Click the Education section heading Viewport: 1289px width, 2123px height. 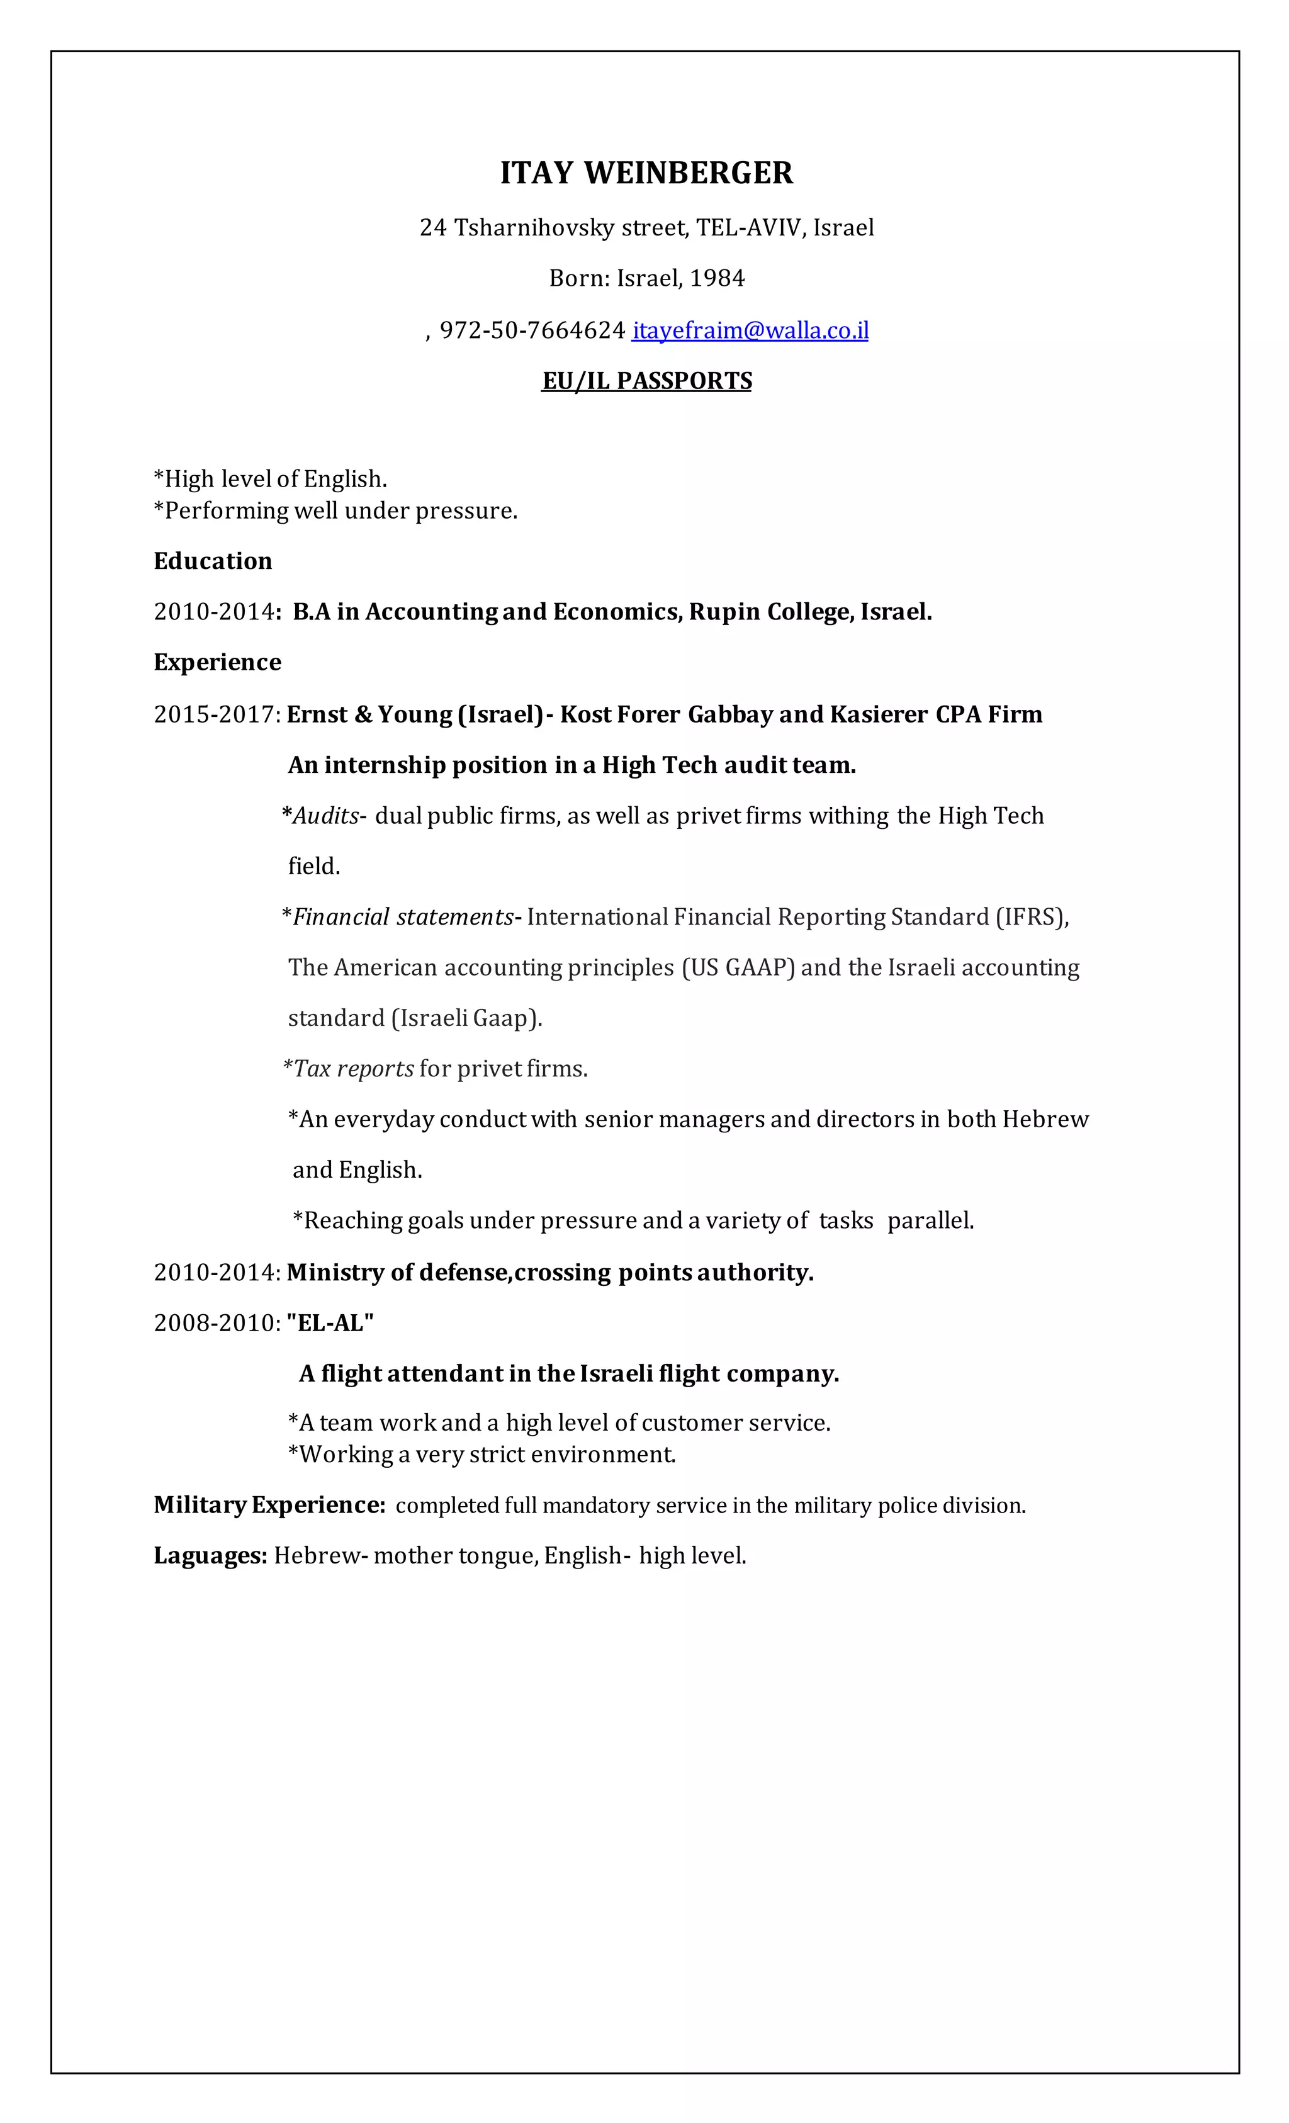(x=212, y=561)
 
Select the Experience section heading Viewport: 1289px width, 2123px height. (x=217, y=662)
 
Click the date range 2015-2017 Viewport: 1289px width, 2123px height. (x=215, y=714)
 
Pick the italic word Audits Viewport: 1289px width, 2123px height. (x=325, y=816)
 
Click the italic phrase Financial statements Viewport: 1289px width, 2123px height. (x=402, y=917)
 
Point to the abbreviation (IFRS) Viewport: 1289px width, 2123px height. (x=1032, y=917)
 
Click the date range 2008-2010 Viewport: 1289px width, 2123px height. (x=215, y=1322)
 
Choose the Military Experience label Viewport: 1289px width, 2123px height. (x=269, y=1505)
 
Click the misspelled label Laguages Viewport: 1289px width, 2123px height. (x=210, y=1555)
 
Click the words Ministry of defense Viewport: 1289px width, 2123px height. (x=397, y=1273)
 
